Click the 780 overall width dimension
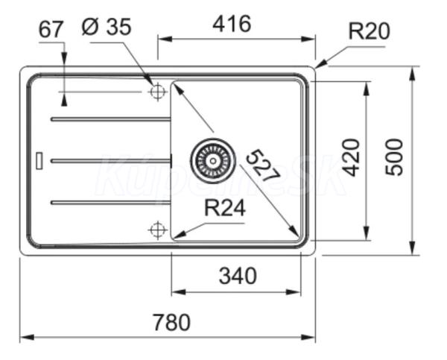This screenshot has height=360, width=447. pos(171,323)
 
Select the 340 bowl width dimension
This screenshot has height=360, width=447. pos(237,277)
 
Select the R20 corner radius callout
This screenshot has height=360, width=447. pos(369,31)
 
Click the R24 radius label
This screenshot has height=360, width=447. pos(224,210)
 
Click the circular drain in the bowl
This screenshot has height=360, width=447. pos(210,157)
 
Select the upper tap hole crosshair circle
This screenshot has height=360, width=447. pos(157,92)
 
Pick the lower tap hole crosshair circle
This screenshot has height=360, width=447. pos(157,230)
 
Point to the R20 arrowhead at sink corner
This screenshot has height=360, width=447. pos(318,66)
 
